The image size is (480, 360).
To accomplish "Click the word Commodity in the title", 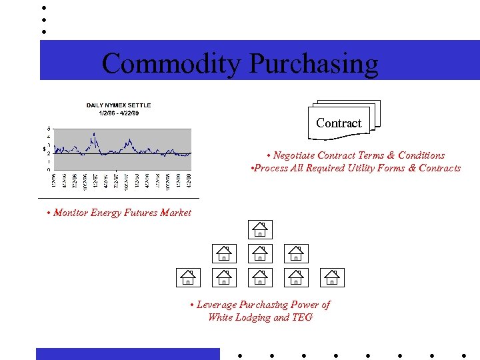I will click(172, 64).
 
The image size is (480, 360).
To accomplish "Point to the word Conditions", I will click(421, 155).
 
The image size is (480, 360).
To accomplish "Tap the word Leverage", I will click(217, 305).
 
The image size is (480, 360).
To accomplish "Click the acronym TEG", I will click(302, 317).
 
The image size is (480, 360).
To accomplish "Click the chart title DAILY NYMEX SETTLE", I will click(119, 105).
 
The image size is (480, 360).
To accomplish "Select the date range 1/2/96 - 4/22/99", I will click(119, 113).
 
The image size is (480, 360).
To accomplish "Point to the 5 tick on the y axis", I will click(47, 128).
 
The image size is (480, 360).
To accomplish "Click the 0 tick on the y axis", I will click(47, 169).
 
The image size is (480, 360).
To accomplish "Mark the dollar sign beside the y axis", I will click(43, 149).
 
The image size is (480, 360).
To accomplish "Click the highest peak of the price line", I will click(95, 134).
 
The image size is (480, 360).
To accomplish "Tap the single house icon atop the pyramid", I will click(260, 229).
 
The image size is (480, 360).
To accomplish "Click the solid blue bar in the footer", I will click(127, 353).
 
